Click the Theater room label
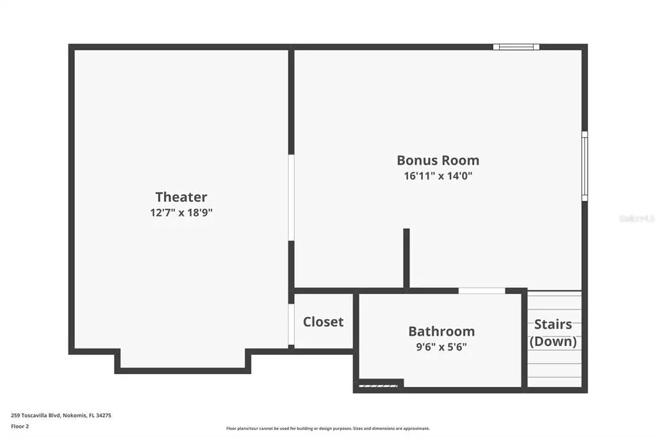(x=181, y=197)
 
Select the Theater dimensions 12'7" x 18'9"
(x=181, y=213)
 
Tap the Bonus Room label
(x=438, y=160)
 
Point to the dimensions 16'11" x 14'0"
(x=438, y=175)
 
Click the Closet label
(x=323, y=322)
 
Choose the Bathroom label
(x=441, y=331)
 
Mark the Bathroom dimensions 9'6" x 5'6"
(x=441, y=347)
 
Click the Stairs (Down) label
(x=553, y=333)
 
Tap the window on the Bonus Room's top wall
(x=516, y=47)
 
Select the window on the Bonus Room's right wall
(x=584, y=166)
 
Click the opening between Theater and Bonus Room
(x=291, y=197)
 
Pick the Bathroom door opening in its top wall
(x=482, y=291)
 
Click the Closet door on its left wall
(x=291, y=324)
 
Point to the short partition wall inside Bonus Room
(x=406, y=258)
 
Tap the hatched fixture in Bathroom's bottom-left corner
(x=379, y=385)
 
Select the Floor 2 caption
(x=20, y=425)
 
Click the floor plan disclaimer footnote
(x=327, y=429)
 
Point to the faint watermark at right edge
(x=636, y=218)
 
